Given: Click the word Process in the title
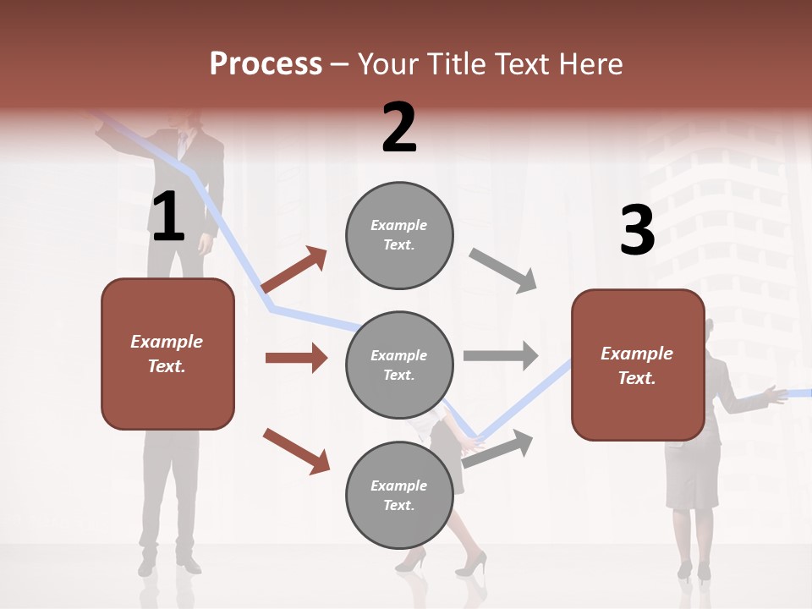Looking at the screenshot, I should coord(266,63).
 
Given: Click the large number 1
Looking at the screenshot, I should coord(168,217).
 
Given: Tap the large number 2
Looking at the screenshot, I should coord(399,127).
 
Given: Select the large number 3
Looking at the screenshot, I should coord(637,230).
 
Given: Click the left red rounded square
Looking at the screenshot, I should coord(167,354).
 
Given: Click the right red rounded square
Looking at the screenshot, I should coord(638,365).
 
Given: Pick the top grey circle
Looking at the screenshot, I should coord(399,234).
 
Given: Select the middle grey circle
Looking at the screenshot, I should coord(399,365).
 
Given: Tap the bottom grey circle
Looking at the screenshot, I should coord(399,495).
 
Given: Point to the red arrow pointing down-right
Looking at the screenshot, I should coord(296,450).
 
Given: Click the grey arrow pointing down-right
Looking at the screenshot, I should coord(503,271).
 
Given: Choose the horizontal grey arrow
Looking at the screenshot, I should coord(500,355).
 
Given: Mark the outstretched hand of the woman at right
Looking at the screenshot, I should coord(771,393).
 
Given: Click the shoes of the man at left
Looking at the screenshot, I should coord(169,563).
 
